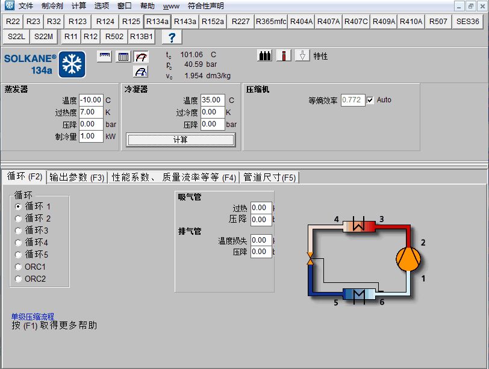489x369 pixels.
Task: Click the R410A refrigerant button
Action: click(x=411, y=22)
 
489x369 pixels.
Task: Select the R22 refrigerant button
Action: click(x=13, y=22)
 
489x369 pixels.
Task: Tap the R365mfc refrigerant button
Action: click(x=271, y=22)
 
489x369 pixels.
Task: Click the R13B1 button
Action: click(x=142, y=37)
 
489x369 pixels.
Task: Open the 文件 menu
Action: click(x=25, y=5)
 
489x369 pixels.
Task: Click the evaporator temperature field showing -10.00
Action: click(x=91, y=100)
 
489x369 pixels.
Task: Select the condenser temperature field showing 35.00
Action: click(x=213, y=100)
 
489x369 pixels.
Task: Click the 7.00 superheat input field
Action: click(x=91, y=112)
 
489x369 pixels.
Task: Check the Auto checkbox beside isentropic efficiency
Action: click(x=370, y=101)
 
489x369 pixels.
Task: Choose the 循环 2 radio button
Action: click(x=19, y=219)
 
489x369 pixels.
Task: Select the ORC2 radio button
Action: click(x=19, y=279)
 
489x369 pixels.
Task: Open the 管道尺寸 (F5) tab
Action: click(x=269, y=178)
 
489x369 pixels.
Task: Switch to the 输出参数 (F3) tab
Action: click(x=77, y=178)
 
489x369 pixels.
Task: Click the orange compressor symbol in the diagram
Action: click(x=408, y=259)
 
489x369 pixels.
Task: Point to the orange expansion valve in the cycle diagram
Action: click(x=310, y=259)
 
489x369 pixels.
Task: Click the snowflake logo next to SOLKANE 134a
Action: click(x=72, y=64)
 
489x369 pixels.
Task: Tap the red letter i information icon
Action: click(x=284, y=56)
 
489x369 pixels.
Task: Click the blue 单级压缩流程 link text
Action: click(x=33, y=317)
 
